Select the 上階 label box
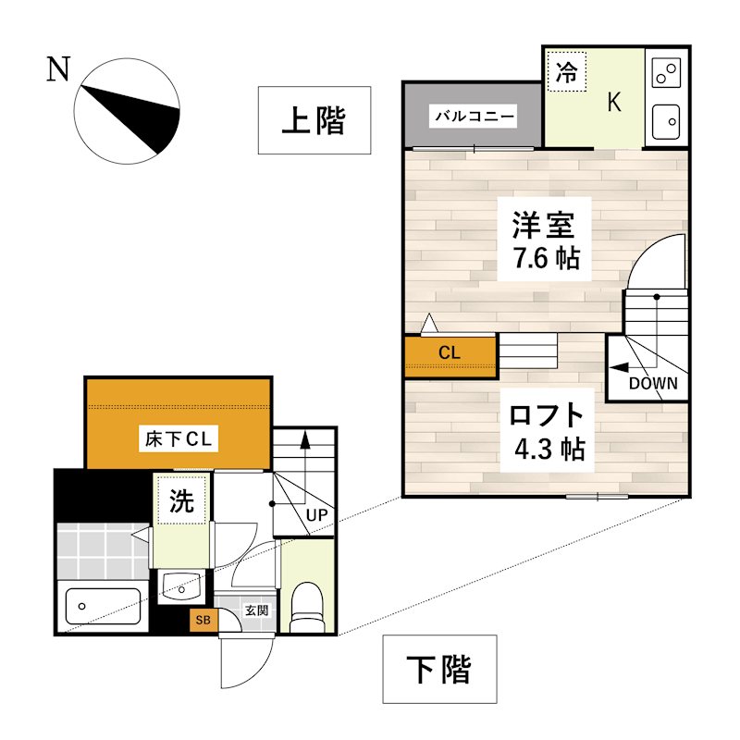(x=314, y=120)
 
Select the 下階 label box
(x=439, y=669)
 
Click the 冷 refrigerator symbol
(x=566, y=73)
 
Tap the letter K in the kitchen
(x=613, y=102)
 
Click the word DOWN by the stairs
(x=653, y=383)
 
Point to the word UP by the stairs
(x=316, y=513)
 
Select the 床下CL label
(x=179, y=439)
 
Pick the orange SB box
(x=203, y=620)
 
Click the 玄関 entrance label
(x=256, y=610)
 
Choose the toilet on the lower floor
(x=304, y=604)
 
